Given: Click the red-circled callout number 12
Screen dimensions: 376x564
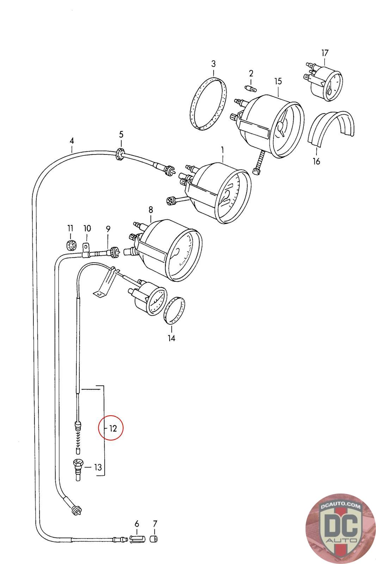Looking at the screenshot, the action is (x=113, y=428).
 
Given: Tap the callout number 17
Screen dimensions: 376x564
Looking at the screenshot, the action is (x=325, y=53).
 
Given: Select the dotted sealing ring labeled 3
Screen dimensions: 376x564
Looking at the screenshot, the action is (x=208, y=104).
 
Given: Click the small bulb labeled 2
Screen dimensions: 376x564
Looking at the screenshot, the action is (x=251, y=88).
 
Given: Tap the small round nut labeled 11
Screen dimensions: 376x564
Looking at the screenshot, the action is (x=71, y=245).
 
